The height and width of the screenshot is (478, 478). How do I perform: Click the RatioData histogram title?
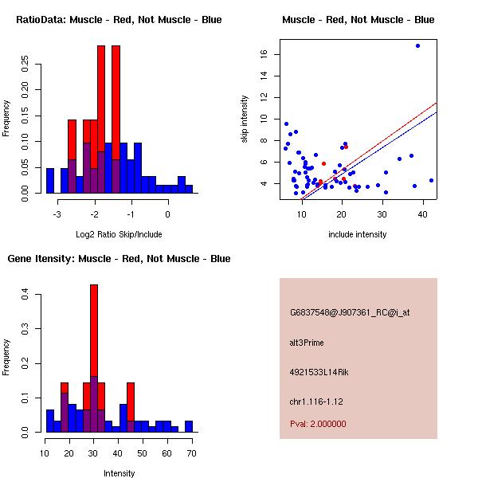click(119, 20)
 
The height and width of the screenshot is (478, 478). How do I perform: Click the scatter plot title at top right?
click(358, 20)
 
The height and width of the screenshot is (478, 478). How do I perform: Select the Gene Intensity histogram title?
click(119, 259)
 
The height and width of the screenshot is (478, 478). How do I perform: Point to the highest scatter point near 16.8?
click(417, 45)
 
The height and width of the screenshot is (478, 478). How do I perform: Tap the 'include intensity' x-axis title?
click(358, 235)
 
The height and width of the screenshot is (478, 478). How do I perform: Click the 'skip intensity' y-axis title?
click(245, 119)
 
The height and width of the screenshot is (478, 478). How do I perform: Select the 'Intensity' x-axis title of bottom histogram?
click(119, 473)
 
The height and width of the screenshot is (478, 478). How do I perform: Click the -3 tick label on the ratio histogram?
click(57, 214)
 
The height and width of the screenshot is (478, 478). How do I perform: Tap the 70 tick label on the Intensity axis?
click(190, 453)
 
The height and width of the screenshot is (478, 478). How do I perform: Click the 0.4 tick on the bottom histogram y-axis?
click(26, 295)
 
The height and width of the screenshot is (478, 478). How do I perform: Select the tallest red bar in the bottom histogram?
click(94, 335)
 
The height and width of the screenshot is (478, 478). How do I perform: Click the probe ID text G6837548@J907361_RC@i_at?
click(350, 313)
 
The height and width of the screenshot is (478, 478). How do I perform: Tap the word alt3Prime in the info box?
click(307, 343)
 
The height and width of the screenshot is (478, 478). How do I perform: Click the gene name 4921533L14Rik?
click(317, 372)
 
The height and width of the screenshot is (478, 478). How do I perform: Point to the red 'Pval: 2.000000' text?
click(318, 424)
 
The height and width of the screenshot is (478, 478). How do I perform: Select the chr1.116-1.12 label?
click(313, 401)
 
